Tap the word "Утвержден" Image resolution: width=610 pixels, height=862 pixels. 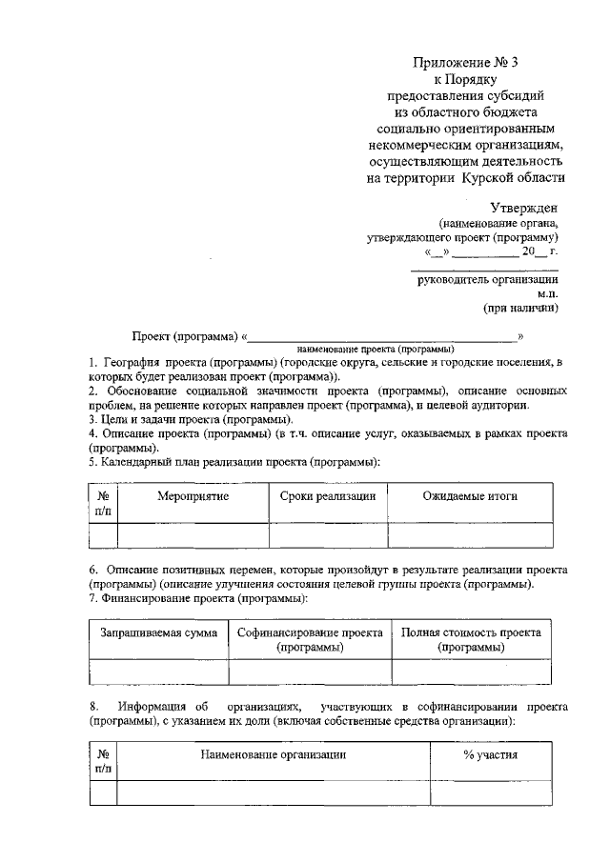tap(524, 208)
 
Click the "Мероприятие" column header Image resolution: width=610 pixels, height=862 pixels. tap(193, 497)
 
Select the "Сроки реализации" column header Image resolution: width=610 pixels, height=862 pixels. tap(328, 497)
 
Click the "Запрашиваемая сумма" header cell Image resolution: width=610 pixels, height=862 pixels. tap(159, 633)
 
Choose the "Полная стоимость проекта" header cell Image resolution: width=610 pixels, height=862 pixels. tap(471, 633)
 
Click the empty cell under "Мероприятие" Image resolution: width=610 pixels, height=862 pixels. tap(193, 535)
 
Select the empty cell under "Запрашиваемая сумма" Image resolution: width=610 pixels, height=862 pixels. tap(159, 672)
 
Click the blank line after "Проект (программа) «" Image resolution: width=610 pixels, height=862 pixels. tap(381, 336)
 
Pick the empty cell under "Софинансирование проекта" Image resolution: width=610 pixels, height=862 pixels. tap(310, 672)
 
